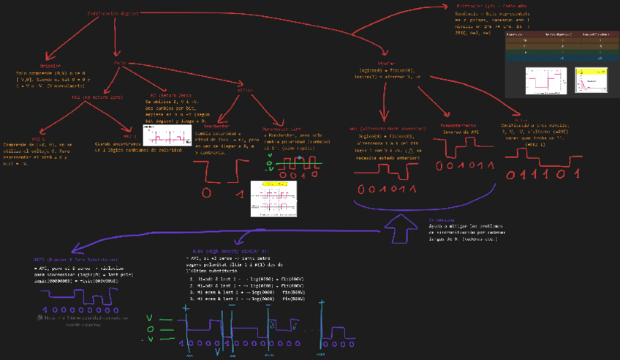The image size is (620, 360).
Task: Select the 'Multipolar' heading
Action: tap(475, 7)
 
